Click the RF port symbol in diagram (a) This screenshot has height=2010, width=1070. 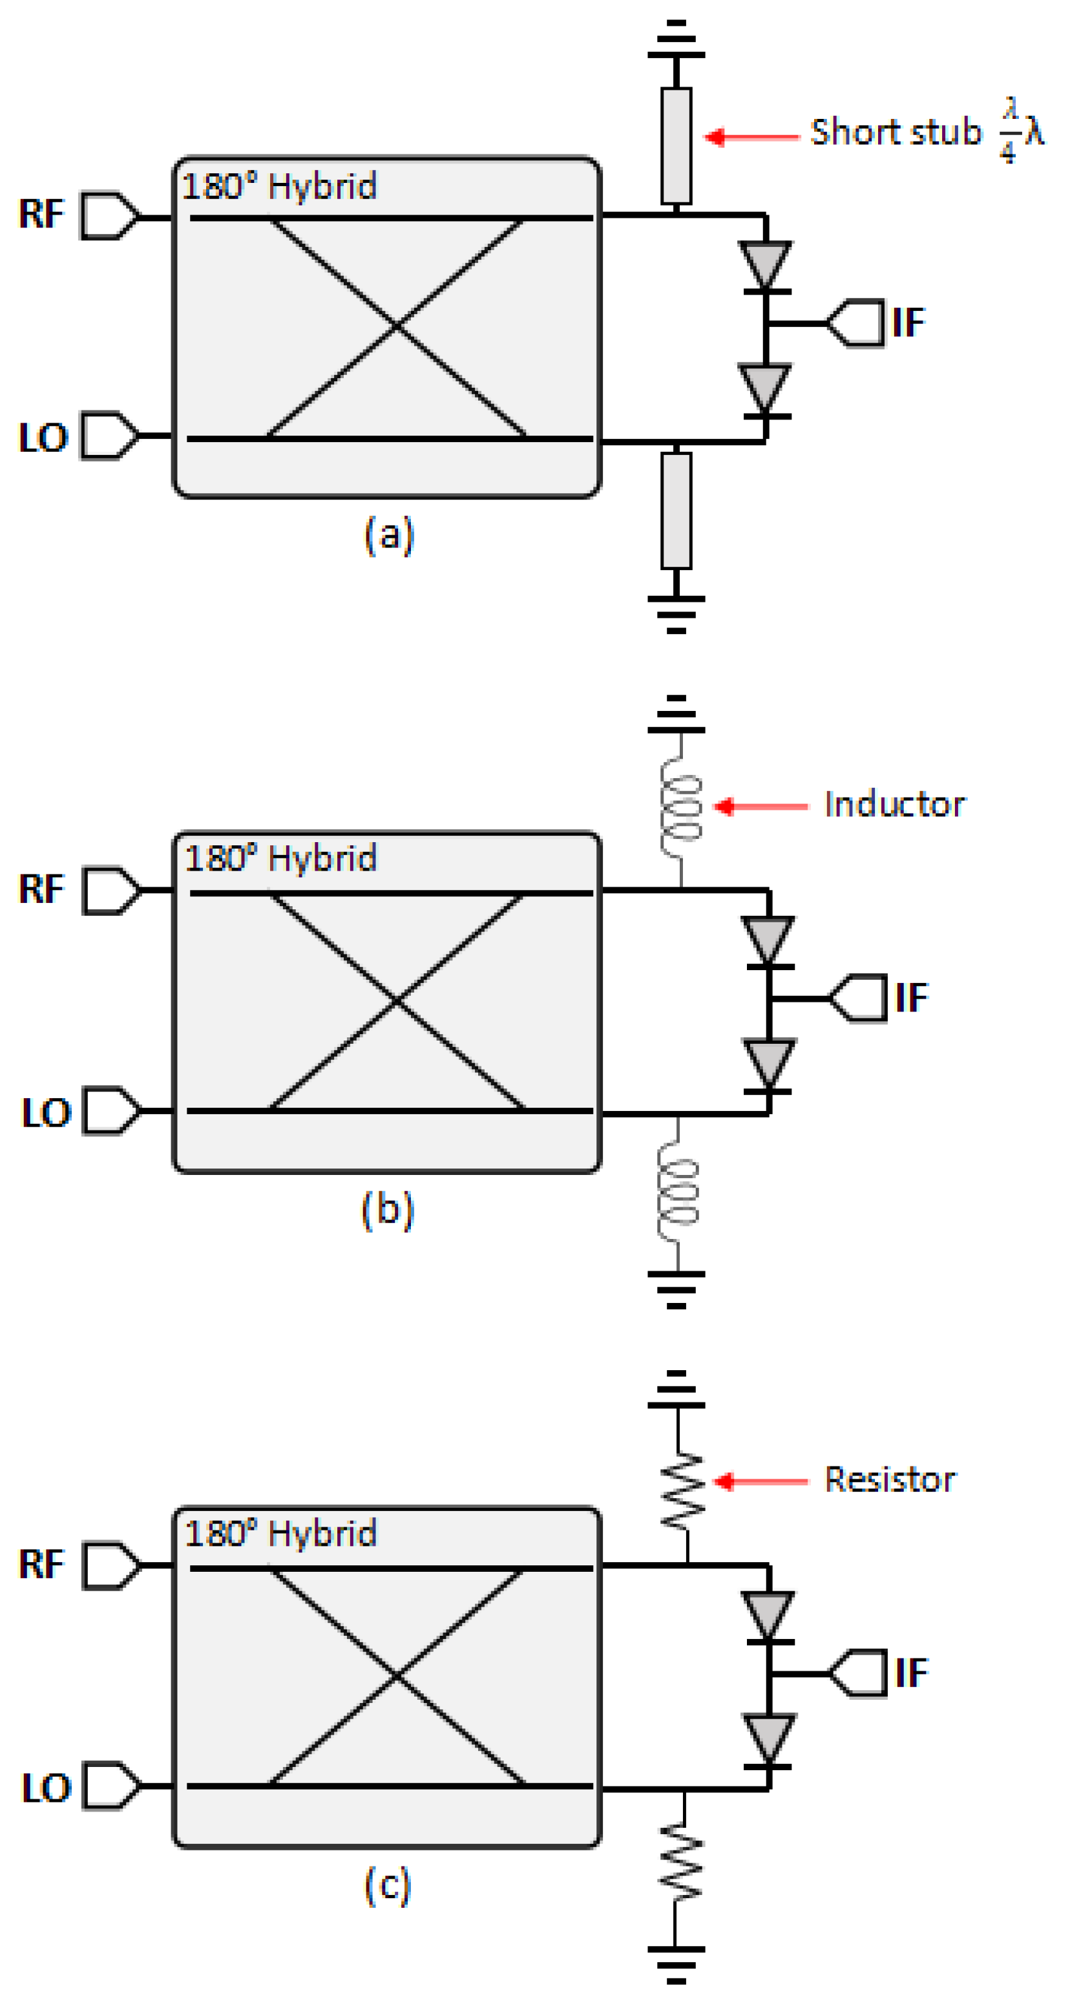(109, 215)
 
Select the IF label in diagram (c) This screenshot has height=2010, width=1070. (911, 1672)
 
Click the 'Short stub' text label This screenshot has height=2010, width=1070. (896, 132)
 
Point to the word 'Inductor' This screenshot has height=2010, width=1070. (894, 805)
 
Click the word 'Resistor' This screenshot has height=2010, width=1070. (890, 1479)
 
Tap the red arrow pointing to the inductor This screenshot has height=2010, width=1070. (761, 806)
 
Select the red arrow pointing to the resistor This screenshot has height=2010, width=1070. (761, 1481)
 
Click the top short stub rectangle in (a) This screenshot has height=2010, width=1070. (676, 146)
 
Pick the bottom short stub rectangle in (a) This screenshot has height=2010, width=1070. (676, 511)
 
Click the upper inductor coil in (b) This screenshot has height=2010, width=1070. (681, 808)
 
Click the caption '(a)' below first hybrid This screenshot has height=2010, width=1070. (388, 535)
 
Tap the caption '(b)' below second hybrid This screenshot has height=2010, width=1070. (388, 1211)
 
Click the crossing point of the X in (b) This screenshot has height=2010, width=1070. (397, 1000)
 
